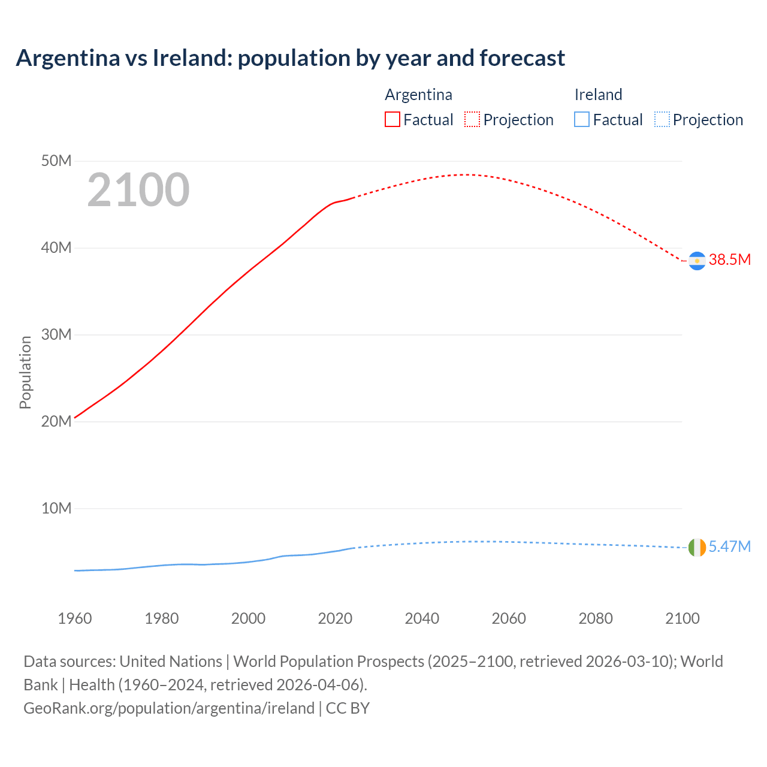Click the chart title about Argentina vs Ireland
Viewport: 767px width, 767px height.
coord(290,58)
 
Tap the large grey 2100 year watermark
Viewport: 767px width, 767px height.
coord(138,190)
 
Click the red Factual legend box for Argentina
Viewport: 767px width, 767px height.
coord(392,119)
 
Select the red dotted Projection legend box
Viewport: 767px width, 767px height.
coord(472,119)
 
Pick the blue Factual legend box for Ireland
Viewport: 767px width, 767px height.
coord(581,119)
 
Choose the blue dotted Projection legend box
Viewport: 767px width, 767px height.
coord(662,119)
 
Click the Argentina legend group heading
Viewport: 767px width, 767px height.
coord(418,95)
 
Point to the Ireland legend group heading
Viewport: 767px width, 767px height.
coord(598,95)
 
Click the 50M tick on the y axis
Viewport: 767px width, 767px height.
coord(56,161)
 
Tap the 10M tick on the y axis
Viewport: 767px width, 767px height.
coord(56,508)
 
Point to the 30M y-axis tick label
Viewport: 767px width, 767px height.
coord(56,334)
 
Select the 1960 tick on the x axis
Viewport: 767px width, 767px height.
coord(75,618)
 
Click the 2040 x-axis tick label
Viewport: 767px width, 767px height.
coord(422,618)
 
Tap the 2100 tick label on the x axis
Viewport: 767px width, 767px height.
coord(682,618)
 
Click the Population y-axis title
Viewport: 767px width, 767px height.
coord(25,372)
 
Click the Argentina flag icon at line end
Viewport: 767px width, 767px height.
coord(697,261)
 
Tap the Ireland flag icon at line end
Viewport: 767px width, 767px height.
coord(697,547)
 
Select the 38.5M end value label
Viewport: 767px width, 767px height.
coord(729,259)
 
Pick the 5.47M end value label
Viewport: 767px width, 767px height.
coord(729,546)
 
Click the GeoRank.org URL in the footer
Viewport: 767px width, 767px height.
coord(169,708)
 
